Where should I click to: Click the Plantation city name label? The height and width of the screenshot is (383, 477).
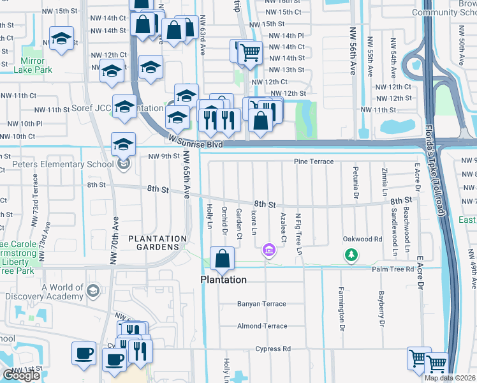point(223,280)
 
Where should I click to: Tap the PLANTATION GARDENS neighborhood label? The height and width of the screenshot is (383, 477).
point(158,243)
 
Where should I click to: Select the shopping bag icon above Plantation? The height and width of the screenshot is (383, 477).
point(223,259)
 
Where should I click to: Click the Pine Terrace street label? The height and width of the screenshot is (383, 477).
point(313,161)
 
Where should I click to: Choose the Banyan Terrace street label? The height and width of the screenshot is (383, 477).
point(262,304)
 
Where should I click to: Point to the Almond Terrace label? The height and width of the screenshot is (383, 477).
point(262,326)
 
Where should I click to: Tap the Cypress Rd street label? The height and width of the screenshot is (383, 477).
point(273,349)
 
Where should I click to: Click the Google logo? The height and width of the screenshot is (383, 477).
point(21,375)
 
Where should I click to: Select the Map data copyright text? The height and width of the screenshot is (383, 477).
point(449,378)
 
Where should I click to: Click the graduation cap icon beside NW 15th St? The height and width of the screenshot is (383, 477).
point(61,40)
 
